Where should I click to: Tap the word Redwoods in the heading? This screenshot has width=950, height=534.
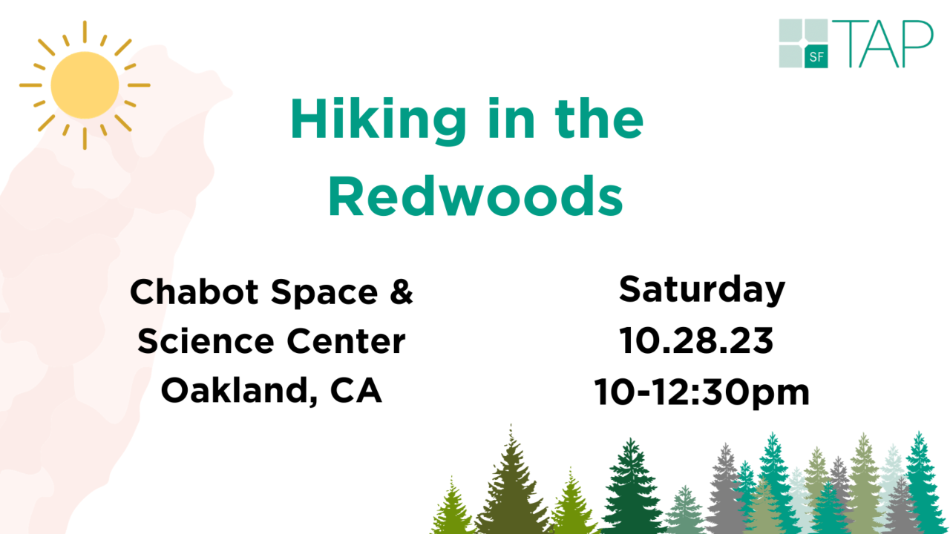pos(476,197)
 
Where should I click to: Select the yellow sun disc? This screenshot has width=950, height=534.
pos(85,85)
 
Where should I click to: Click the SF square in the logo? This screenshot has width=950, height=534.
pos(816,56)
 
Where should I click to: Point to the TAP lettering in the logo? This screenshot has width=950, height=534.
pos(884,44)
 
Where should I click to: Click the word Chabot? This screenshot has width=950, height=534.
pos(194,292)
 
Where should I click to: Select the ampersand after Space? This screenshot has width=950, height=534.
pos(402,291)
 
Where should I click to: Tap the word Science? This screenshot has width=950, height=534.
pos(206,341)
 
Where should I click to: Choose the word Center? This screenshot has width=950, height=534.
pos(346,341)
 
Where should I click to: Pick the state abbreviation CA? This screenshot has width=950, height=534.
pos(356,390)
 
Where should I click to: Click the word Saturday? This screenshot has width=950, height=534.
pos(702,290)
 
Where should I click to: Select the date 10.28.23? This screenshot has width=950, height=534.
pos(696,340)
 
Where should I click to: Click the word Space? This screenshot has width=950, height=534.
pos(324,293)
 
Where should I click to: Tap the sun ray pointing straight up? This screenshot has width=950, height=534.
pos(85,32)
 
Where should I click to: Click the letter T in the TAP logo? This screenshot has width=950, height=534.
pos(851,44)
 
